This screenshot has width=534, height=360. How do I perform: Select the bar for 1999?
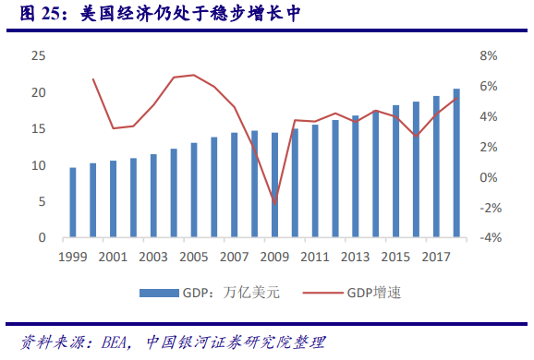[x=73, y=203]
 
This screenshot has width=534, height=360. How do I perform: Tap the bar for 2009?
[x=274, y=186]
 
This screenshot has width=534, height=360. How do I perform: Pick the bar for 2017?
[x=436, y=167]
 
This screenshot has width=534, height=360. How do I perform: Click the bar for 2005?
[x=194, y=190]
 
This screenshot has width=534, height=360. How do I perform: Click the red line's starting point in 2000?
[x=93, y=79]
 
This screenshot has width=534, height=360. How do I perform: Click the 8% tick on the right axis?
[x=490, y=56]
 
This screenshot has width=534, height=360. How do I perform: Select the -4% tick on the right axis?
[x=490, y=238]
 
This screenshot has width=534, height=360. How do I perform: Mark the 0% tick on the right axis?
[x=490, y=177]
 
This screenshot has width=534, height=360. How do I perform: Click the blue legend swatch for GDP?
[x=163, y=293]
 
